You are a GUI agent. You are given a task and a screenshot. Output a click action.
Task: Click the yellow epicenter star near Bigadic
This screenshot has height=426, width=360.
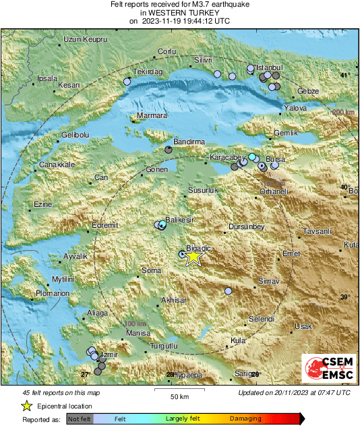tap(193, 256)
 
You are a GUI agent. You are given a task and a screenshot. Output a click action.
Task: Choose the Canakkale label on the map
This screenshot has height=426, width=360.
tap(57, 164)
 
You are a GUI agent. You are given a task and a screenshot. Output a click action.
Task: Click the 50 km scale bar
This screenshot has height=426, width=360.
tap(179, 390)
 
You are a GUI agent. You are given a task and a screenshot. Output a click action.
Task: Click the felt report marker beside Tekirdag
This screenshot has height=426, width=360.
tap(127, 82)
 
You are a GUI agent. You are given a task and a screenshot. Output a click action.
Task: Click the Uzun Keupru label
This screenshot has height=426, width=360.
tap(85, 40)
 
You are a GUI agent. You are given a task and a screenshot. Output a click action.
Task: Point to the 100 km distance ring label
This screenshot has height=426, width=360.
tap(136, 324)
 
